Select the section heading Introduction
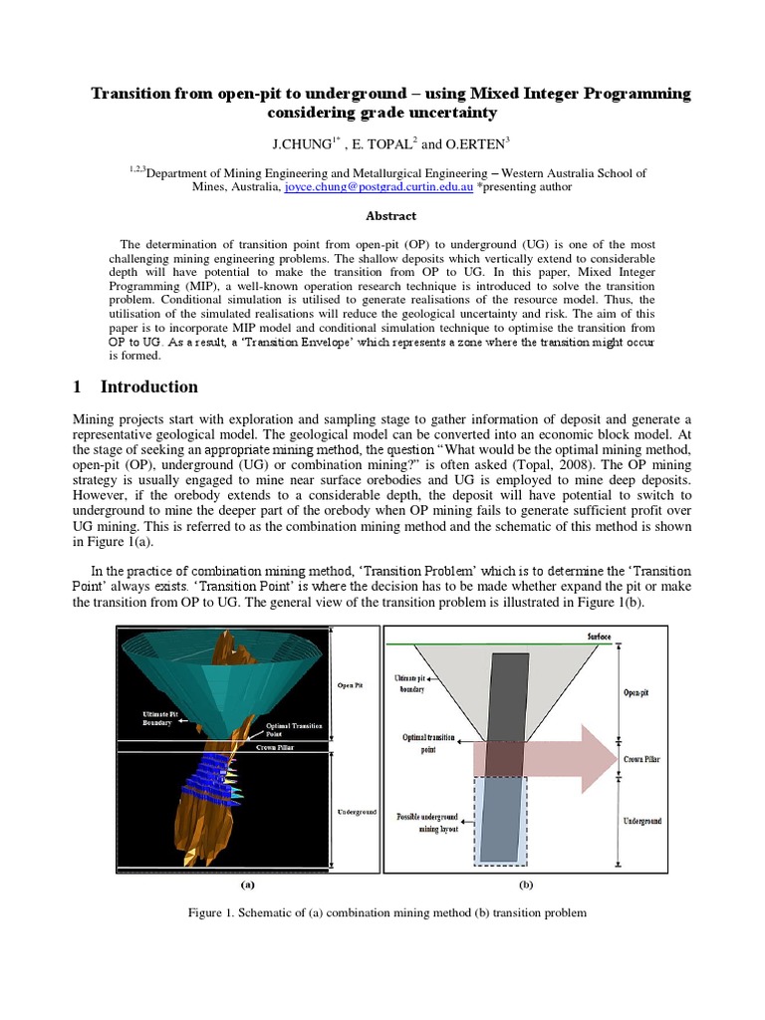pos(148,386)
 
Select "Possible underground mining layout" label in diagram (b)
pos(429,822)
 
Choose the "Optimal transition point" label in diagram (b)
pos(429,743)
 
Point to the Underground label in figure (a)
pos(355,813)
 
